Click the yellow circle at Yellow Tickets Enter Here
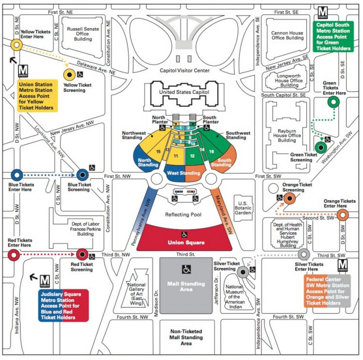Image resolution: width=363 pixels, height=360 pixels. (x=15, y=45)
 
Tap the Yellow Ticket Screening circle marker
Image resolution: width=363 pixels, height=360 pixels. (x=70, y=74)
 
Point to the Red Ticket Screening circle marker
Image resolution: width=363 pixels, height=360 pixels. (x=82, y=254)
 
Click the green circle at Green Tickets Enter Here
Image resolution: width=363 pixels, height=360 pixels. (x=333, y=102)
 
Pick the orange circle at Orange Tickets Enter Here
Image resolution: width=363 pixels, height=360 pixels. (x=342, y=215)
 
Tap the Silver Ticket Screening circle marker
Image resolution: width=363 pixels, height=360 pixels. (x=242, y=272)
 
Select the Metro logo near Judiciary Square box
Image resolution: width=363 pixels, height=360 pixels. (x=45, y=280)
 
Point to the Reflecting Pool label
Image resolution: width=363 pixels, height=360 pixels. (x=182, y=214)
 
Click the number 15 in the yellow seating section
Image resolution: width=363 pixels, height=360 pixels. (x=158, y=151)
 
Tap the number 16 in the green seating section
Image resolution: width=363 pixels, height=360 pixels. (x=212, y=151)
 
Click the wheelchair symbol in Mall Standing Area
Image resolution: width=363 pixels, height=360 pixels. (x=186, y=269)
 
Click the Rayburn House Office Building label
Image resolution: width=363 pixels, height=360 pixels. (x=287, y=135)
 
